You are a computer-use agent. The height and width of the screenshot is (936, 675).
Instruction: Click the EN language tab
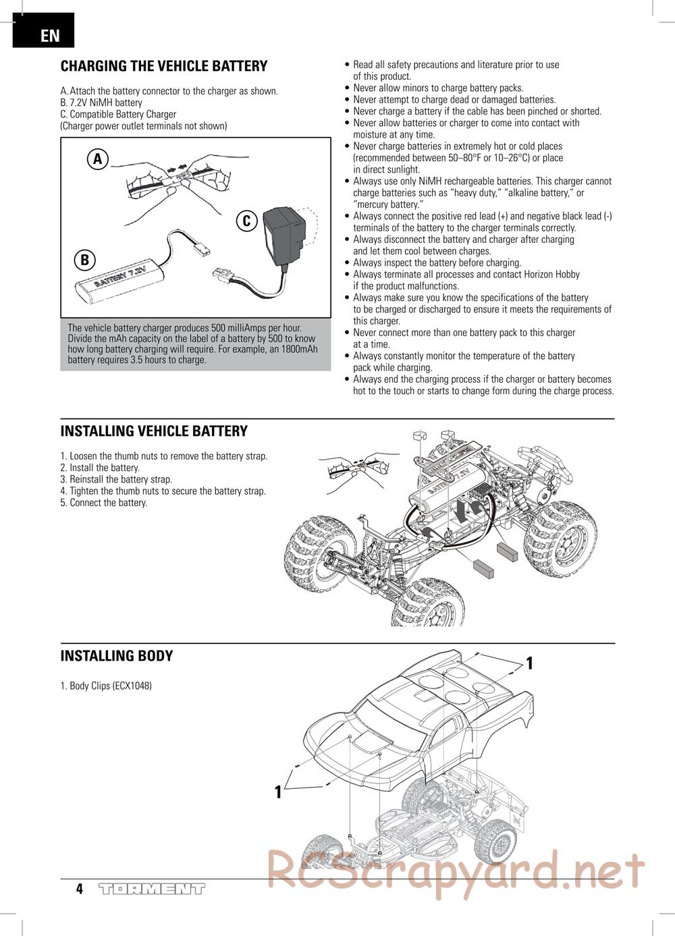pyautogui.click(x=43, y=34)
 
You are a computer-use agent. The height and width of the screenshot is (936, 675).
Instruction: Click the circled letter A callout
pyautogui.click(x=98, y=159)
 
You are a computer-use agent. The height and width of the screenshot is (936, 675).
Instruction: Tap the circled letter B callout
pyautogui.click(x=85, y=260)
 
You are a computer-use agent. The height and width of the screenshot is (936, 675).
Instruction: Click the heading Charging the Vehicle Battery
pyautogui.click(x=164, y=66)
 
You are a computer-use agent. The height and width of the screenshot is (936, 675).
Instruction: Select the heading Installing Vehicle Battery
pyautogui.click(x=154, y=431)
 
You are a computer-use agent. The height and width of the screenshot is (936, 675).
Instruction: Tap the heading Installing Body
pyautogui.click(x=117, y=656)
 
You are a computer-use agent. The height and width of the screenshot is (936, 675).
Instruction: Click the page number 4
pyautogui.click(x=79, y=889)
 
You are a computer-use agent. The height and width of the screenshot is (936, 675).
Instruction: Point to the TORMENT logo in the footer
pyautogui.click(x=152, y=889)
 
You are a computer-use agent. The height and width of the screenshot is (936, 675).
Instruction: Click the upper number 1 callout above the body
pyautogui.click(x=530, y=663)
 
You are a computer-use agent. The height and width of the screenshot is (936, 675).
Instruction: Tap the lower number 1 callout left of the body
pyautogui.click(x=277, y=792)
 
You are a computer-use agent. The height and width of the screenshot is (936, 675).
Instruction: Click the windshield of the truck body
pyautogui.click(x=391, y=716)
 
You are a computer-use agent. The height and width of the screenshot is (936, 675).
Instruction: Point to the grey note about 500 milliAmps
pyautogui.click(x=196, y=344)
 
